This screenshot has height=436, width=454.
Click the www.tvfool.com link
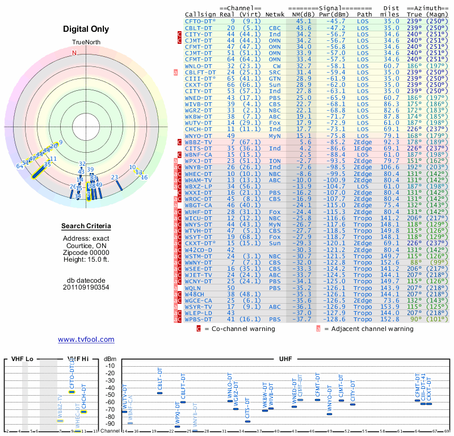click(x=86, y=339)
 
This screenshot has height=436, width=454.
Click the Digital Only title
click(x=86, y=28)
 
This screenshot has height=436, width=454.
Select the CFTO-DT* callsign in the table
click(x=200, y=20)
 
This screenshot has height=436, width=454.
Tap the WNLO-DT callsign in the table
click(x=198, y=66)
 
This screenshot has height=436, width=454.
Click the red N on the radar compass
click(x=74, y=53)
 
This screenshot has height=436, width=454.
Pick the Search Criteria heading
click(x=86, y=227)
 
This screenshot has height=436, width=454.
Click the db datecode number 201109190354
click(x=86, y=287)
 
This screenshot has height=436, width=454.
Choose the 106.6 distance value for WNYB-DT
click(x=390, y=167)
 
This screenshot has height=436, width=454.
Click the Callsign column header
click(x=200, y=14)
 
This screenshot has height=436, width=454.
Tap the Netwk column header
click(x=275, y=14)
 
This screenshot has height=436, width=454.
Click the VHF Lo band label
click(x=22, y=359)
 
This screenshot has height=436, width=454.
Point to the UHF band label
click(x=286, y=359)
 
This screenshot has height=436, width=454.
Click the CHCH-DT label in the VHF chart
click(x=83, y=396)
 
